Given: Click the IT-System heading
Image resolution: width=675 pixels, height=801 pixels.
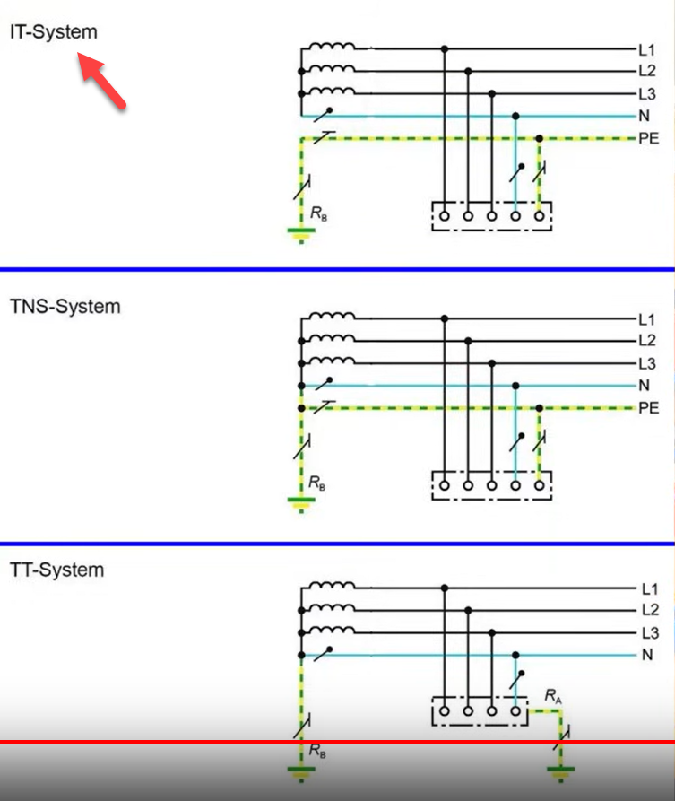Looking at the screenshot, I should tap(54, 32).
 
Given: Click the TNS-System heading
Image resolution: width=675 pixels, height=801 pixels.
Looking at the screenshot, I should tap(65, 306).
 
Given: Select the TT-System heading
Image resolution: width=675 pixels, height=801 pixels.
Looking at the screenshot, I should tap(57, 570).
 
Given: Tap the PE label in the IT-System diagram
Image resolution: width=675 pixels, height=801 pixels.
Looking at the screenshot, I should tap(648, 138).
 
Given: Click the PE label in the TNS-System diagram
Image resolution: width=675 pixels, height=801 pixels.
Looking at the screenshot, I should tap(648, 408).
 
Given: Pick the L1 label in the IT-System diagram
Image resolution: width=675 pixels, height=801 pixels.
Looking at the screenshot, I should tap(647, 48).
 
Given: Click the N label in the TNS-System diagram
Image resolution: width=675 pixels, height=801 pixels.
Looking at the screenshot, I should tap(644, 386).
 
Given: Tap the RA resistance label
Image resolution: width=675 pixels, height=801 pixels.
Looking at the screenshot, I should tap(553, 695).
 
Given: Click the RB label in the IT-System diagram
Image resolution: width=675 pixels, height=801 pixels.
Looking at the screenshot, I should tap(318, 213).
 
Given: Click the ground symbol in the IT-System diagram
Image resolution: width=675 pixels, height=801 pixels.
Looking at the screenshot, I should tap(300, 236).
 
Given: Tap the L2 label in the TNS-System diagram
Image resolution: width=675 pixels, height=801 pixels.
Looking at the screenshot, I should tap(647, 341).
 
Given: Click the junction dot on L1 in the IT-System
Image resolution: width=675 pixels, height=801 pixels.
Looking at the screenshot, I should tap(445, 48).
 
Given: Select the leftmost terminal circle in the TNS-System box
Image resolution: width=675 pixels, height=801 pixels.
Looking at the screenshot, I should tap(445, 485).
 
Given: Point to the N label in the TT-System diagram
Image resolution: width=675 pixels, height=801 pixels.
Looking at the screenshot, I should tap(645, 655).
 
